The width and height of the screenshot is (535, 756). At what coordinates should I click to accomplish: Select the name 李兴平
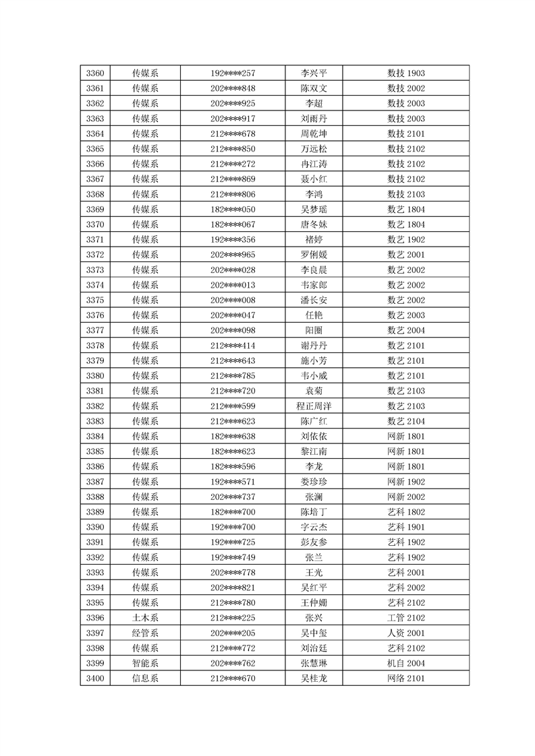click(314, 73)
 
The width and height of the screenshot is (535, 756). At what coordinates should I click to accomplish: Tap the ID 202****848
click(233, 88)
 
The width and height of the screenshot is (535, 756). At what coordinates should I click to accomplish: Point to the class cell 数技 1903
click(405, 73)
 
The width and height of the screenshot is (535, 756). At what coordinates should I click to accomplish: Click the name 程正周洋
click(314, 406)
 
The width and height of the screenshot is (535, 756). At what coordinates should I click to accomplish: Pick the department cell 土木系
click(145, 618)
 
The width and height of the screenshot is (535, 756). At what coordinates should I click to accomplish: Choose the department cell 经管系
click(145, 633)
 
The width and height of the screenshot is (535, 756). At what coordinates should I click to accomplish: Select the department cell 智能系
click(145, 663)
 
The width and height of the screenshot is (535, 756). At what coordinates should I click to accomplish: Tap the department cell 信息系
click(145, 678)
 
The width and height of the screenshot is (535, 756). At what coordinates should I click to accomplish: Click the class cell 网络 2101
click(405, 678)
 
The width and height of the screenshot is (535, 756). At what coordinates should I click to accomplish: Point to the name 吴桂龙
click(314, 678)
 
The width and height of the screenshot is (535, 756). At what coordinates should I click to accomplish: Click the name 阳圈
click(314, 331)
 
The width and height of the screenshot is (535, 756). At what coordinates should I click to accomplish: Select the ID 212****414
click(233, 346)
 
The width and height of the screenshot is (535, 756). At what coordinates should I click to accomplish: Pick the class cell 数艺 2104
click(405, 421)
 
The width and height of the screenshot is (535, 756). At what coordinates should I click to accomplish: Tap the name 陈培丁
click(314, 512)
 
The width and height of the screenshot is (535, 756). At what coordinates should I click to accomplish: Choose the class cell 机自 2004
click(405, 663)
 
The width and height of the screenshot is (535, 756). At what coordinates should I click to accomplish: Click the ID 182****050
click(233, 210)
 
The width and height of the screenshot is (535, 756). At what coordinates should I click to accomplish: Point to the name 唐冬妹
click(314, 224)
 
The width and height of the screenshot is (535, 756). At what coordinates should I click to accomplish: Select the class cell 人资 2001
click(405, 633)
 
